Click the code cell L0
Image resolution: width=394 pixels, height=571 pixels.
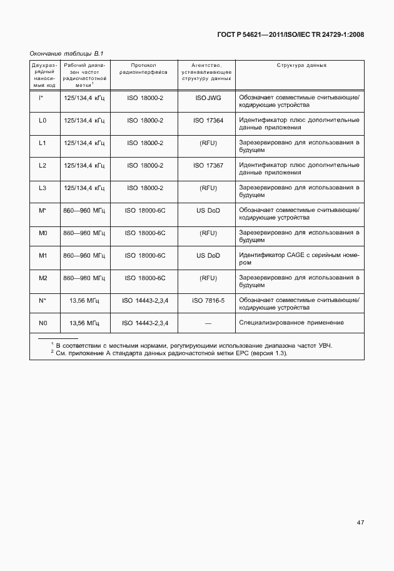pos(43,120)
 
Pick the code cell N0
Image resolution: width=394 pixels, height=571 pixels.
pos(43,323)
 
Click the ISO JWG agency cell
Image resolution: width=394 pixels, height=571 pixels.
pos(208,98)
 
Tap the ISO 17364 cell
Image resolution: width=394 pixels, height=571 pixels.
pos(208,120)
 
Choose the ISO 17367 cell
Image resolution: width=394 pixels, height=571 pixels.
pos(208,165)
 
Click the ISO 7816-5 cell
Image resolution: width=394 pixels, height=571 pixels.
pos(208,300)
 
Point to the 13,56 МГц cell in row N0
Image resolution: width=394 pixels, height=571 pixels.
pos(85,323)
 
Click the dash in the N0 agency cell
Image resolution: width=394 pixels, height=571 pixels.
pos(208,323)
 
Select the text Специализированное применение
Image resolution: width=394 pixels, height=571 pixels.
pos(291,323)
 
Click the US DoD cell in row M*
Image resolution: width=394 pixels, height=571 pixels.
pos(208,210)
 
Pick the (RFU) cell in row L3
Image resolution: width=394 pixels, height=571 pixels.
pos(208,188)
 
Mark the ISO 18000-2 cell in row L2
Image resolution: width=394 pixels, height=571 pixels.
pos(145,165)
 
